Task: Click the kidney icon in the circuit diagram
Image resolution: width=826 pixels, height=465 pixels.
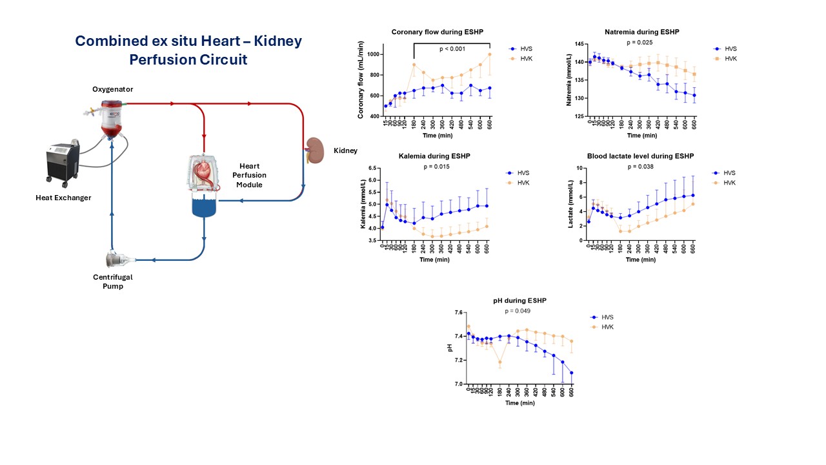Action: (314, 149)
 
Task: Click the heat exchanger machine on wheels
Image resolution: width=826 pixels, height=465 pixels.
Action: (63, 161)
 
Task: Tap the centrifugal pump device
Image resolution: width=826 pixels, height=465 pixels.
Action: (121, 260)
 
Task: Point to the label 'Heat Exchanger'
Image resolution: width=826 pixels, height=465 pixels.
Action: (63, 198)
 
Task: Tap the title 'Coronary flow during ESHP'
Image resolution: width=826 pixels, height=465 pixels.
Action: (438, 32)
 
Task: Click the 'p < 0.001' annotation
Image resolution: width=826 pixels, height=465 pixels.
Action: (453, 49)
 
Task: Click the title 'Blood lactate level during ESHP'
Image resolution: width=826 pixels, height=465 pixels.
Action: (641, 156)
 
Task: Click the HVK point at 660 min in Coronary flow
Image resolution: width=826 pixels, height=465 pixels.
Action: (490, 54)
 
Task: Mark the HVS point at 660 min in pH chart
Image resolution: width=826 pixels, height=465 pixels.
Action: (572, 373)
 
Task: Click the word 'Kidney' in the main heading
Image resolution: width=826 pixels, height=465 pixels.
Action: (270, 41)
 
